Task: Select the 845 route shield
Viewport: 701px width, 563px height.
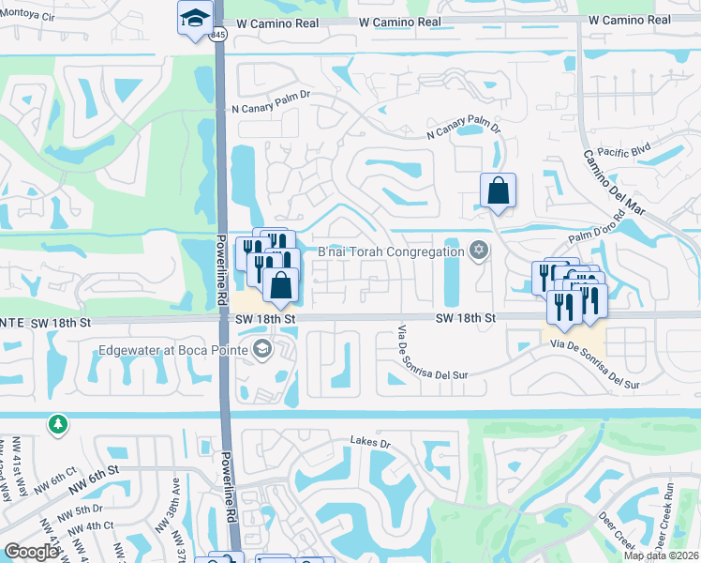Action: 218,35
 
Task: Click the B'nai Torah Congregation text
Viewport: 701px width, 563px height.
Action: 390,251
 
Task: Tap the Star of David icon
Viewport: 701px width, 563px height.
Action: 479,250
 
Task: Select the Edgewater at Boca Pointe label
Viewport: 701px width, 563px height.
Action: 174,352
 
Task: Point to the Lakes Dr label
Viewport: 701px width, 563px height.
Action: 369,440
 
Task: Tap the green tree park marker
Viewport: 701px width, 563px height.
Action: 58,425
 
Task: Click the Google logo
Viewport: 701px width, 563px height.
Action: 31,552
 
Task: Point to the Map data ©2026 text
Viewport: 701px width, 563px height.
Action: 662,555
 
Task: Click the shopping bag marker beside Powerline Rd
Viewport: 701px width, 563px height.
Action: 280,284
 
